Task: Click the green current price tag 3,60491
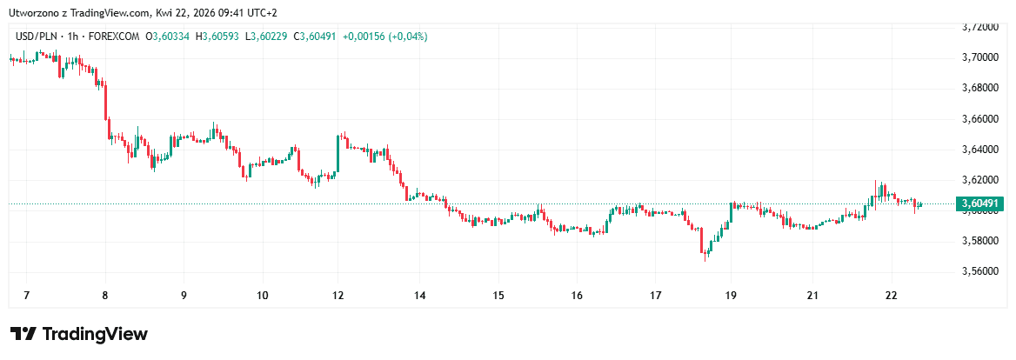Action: (980, 204)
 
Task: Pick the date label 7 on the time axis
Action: (26, 296)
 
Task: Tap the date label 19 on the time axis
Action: (732, 296)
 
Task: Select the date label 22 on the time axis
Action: (890, 296)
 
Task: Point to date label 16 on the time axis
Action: (577, 296)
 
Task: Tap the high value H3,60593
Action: (218, 37)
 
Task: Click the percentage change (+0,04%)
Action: (408, 37)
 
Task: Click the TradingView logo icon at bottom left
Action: (23, 334)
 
